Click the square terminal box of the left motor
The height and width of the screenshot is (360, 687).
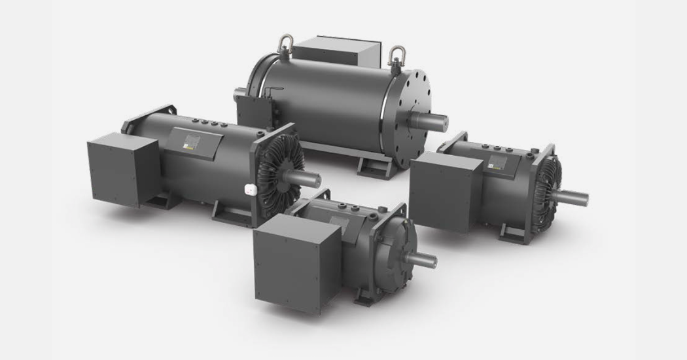click(122, 170)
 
